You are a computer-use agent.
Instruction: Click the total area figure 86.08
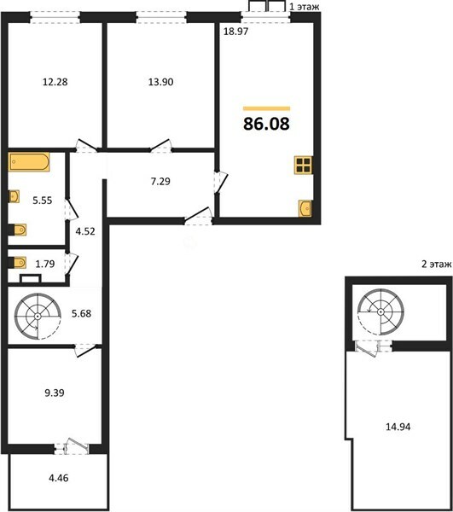(266, 124)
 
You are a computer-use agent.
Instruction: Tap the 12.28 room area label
(55, 82)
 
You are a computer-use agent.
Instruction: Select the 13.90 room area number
(161, 82)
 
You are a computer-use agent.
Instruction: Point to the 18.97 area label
(236, 32)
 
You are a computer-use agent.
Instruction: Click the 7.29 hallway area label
(160, 181)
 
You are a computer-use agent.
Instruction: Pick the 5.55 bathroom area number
(43, 201)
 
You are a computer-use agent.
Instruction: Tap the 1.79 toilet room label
(45, 264)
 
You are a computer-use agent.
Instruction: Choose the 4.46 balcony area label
(59, 478)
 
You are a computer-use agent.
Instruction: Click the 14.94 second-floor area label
(398, 427)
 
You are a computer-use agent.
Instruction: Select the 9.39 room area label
(55, 393)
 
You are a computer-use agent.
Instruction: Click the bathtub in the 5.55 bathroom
(29, 161)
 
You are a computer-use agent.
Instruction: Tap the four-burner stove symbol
(303, 166)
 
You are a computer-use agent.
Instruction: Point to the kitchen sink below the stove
(305, 208)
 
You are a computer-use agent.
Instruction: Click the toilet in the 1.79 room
(17, 263)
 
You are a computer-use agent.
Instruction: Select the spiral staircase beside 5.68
(38, 316)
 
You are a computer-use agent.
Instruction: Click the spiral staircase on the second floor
(380, 311)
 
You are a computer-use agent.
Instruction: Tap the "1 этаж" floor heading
(305, 7)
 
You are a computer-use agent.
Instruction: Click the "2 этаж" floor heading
(437, 264)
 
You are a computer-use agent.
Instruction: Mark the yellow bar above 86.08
(267, 108)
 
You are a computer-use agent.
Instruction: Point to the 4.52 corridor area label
(85, 231)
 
